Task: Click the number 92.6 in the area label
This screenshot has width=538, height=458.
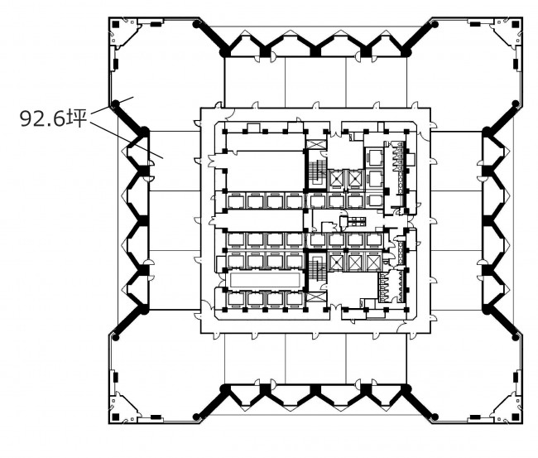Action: [x=42, y=119]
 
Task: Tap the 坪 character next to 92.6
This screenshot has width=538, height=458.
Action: [x=76, y=118]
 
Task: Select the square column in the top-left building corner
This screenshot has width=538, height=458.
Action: [x=116, y=24]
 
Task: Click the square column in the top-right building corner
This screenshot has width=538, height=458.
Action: [x=516, y=24]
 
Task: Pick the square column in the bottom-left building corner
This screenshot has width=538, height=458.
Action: [x=116, y=417]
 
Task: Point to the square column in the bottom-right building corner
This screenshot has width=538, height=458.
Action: [x=516, y=417]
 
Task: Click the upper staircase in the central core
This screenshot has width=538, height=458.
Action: [x=316, y=170]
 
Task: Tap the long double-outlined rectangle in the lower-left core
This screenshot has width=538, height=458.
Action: [x=265, y=280]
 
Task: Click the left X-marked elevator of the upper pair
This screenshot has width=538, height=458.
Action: [x=335, y=179]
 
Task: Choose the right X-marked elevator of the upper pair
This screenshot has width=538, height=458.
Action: [x=355, y=179]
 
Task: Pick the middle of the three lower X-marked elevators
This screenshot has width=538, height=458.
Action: [x=355, y=263]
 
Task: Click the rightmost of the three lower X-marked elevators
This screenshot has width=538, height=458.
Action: [x=373, y=263]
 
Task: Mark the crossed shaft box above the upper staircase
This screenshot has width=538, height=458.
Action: [x=316, y=144]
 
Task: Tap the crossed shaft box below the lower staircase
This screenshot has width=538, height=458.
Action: [x=316, y=297]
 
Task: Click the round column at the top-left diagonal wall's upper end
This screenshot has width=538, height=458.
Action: [x=196, y=24]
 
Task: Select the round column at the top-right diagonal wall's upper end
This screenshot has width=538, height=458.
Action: [x=435, y=24]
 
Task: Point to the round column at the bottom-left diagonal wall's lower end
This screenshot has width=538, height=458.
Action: [x=196, y=417]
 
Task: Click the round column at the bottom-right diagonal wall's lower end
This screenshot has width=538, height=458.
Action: [x=435, y=417]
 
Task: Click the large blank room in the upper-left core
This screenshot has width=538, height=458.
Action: [x=265, y=171]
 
